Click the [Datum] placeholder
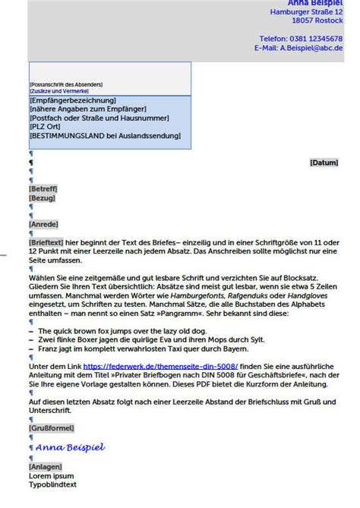pos(324,162)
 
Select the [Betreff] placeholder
pos(43,188)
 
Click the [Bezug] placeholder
pos(42,197)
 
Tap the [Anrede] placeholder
pos(43,224)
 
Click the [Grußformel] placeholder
pos(51,428)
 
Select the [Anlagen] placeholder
pos(45,466)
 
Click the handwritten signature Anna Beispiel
pos(70,447)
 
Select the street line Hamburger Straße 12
pos(306,11)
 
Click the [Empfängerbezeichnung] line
pos(72,100)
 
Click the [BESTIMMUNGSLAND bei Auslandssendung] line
pos(105,136)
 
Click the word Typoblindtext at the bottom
pos(52,484)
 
